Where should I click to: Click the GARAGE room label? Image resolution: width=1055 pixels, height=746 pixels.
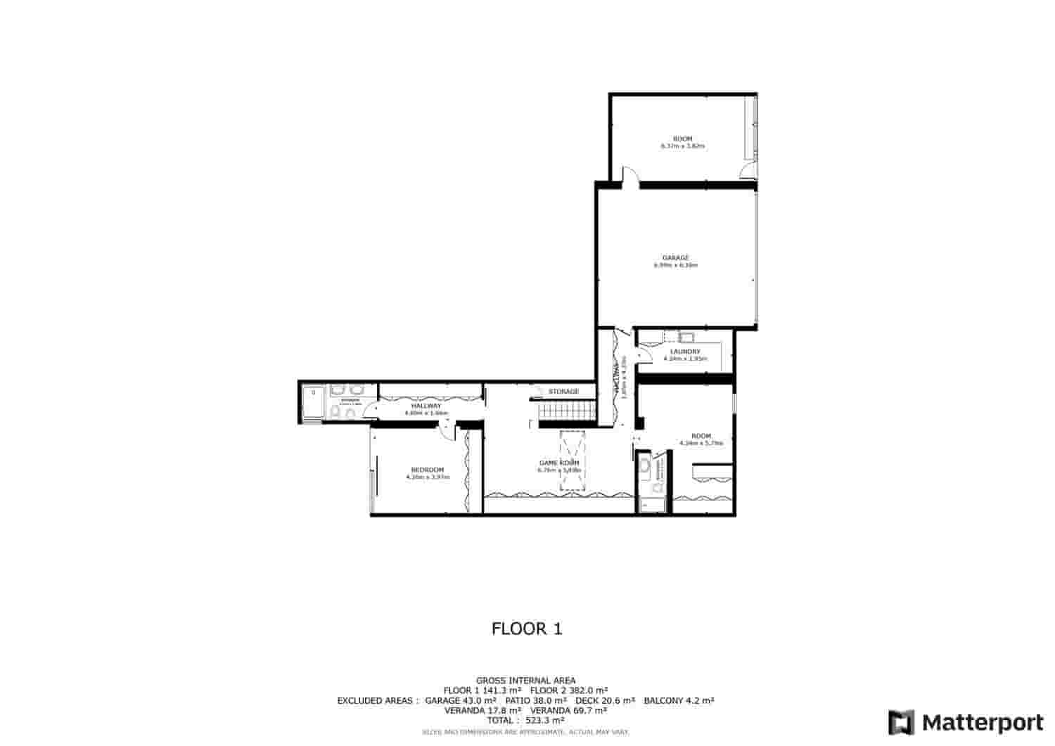point(675,257)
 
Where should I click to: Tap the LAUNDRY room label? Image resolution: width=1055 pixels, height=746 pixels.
point(685,352)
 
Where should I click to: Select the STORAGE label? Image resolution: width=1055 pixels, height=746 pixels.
point(564,392)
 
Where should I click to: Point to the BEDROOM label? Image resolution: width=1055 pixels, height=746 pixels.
point(428,470)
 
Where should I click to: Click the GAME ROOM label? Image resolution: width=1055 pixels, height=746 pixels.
point(559,463)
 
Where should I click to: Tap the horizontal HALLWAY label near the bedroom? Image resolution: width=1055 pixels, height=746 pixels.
point(426,406)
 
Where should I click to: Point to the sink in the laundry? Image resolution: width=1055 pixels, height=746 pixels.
point(686,337)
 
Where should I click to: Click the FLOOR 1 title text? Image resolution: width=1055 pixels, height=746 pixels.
point(527,629)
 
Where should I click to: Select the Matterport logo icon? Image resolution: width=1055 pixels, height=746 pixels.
point(902,722)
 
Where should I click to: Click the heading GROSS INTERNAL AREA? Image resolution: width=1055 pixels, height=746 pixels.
point(526,681)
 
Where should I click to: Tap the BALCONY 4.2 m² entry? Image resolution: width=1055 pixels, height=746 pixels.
point(679,701)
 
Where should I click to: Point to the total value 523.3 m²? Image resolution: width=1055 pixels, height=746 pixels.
point(545,721)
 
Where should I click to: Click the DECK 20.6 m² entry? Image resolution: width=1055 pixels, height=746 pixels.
point(606,701)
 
